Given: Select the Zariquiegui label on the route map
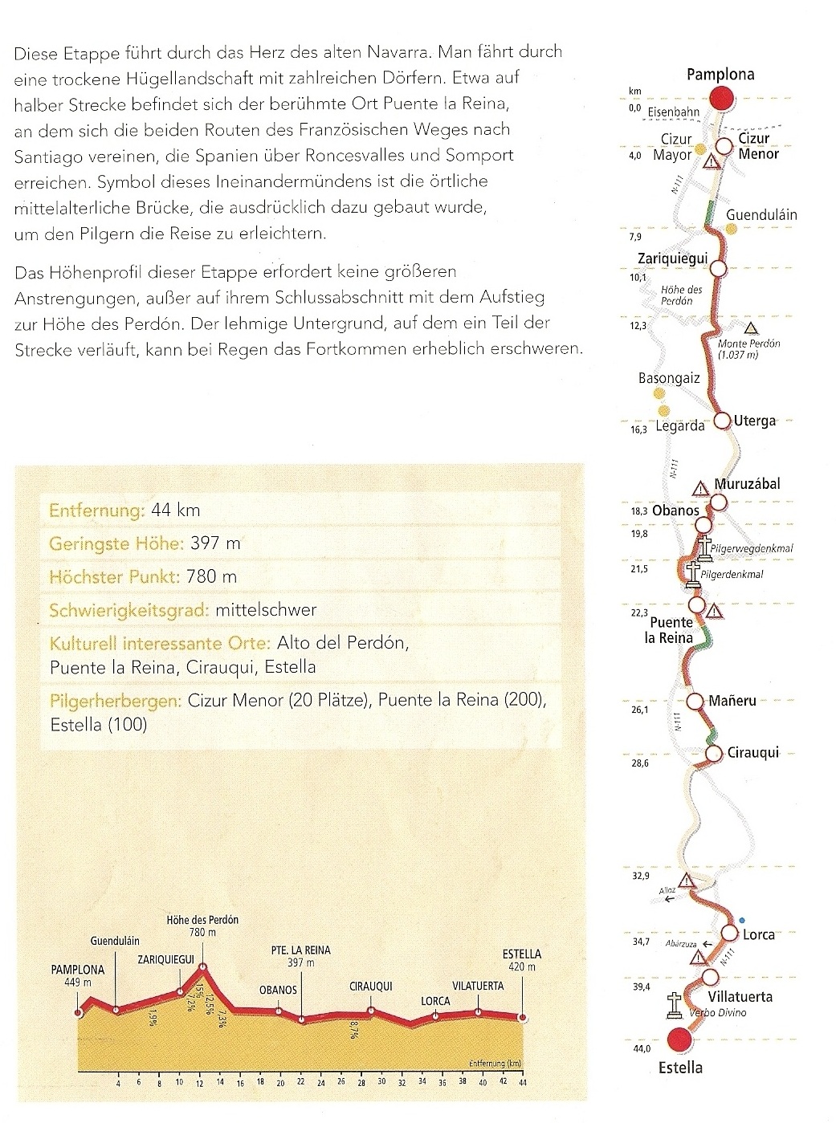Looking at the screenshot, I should [x=671, y=258].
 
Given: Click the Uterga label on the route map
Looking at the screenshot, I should [x=755, y=421].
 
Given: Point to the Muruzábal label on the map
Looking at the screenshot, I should [x=748, y=484].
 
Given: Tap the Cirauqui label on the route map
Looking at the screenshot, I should [x=753, y=753].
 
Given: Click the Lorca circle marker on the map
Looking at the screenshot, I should [x=729, y=933].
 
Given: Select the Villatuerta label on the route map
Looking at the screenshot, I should [x=739, y=996].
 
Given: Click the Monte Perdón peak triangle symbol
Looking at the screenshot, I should [x=750, y=328].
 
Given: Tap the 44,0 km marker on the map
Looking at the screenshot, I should [x=641, y=1047].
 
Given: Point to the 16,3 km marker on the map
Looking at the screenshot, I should [x=639, y=430].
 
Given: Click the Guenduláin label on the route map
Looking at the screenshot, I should [x=761, y=215].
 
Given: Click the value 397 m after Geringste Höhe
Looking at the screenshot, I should [x=216, y=543].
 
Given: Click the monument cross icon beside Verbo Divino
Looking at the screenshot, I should [x=675, y=1003].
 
